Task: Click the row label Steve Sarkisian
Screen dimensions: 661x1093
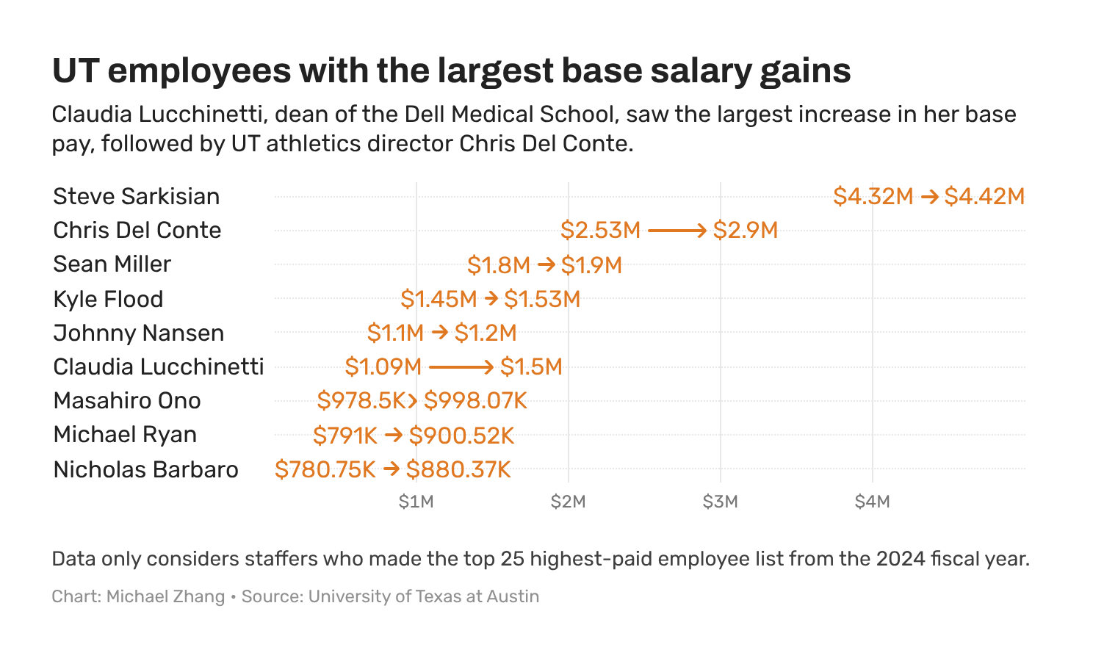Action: click(x=136, y=197)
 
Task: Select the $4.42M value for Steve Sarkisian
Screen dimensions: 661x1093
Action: click(x=984, y=197)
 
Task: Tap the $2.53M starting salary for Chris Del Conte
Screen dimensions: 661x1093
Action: click(x=600, y=231)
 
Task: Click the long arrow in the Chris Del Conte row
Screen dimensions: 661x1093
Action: click(x=677, y=231)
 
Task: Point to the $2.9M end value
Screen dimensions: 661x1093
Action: click(x=745, y=231)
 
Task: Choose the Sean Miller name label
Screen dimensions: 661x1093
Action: click(x=112, y=264)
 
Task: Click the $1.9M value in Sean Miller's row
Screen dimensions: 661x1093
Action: click(x=591, y=265)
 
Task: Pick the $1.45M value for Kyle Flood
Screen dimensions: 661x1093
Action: click(x=439, y=299)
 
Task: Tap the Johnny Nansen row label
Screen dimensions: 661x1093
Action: click(x=138, y=333)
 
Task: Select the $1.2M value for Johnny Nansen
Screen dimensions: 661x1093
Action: click(x=486, y=333)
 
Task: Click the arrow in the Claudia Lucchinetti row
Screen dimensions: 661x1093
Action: click(x=461, y=366)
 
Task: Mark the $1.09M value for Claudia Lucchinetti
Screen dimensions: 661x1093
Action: click(x=383, y=366)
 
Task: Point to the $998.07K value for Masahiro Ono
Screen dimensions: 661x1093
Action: click(x=475, y=401)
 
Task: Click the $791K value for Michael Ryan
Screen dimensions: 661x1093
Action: click(x=345, y=436)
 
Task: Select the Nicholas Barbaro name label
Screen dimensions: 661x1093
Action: click(x=145, y=470)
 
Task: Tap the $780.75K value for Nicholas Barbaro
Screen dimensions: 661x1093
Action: click(x=325, y=469)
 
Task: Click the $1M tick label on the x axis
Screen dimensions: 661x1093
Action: click(x=416, y=502)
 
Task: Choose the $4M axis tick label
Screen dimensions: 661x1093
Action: click(x=872, y=502)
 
